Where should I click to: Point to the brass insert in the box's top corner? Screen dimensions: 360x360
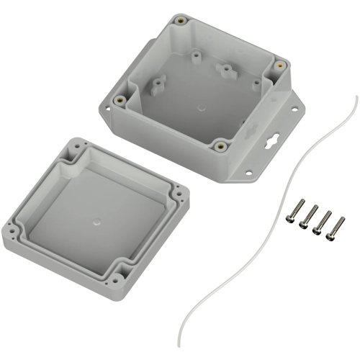point(181,20)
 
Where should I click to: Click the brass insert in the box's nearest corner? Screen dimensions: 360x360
point(221,146)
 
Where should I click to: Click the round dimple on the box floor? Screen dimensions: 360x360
point(199,112)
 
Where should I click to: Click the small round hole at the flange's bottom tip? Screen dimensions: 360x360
point(248,173)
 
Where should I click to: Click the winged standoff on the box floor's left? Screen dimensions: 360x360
point(154,88)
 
